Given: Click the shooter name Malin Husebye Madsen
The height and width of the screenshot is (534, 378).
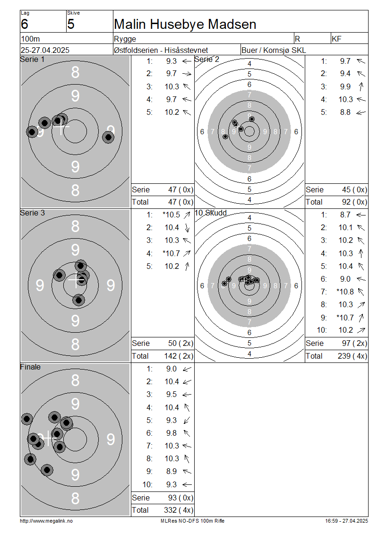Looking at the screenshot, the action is (185, 24).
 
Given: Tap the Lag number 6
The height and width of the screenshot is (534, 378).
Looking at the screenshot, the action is (25, 24).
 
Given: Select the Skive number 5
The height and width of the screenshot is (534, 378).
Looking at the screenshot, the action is (71, 24).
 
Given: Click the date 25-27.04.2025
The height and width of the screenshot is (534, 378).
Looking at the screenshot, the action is (45, 50).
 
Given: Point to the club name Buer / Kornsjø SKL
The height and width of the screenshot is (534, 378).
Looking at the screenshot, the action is (274, 50).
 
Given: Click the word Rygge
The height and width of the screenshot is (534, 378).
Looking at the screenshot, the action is (125, 39).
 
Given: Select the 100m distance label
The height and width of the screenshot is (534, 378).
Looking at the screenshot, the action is (30, 39).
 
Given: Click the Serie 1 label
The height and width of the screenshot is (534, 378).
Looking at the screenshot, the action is (32, 59).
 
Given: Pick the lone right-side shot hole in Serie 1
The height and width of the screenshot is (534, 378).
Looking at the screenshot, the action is (108, 137).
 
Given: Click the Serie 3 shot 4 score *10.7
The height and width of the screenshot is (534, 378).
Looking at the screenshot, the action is (172, 253).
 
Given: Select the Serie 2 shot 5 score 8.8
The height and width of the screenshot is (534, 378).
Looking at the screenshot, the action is (345, 112).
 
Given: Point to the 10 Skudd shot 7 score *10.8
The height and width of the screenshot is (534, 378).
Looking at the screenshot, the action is (345, 292).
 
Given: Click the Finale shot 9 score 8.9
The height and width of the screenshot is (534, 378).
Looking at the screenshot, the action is (172, 471).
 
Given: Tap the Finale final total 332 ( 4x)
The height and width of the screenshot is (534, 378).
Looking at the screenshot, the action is (179, 510).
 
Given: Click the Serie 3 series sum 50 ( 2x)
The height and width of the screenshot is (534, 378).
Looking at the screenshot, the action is (180, 343).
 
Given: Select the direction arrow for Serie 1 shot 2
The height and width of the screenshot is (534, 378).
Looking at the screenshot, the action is (187, 74).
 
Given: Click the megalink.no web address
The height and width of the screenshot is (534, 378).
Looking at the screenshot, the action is (46, 521).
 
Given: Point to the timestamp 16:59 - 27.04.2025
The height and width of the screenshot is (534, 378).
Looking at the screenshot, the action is (346, 521).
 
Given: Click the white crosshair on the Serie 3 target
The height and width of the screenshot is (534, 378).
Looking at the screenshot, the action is (76, 280).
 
